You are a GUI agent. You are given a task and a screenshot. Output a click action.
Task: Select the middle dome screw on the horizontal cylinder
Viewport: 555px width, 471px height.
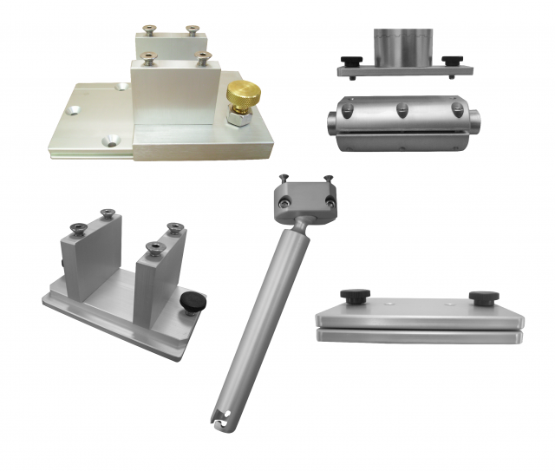401,109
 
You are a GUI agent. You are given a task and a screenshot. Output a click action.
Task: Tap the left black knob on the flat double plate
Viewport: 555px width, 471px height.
353,297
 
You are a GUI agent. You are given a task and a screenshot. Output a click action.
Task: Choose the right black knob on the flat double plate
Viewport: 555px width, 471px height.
482,298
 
